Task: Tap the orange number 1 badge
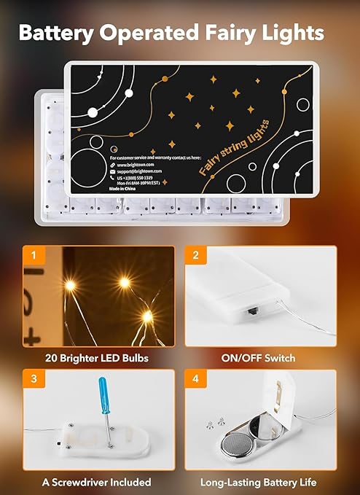pyautogui.click(x=33, y=256)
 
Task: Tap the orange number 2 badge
pyautogui.click(x=195, y=256)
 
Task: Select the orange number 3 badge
pyautogui.click(x=33, y=380)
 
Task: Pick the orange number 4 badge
pyautogui.click(x=195, y=380)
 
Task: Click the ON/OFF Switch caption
pyautogui.click(x=260, y=358)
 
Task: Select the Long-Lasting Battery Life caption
pyautogui.click(x=260, y=482)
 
